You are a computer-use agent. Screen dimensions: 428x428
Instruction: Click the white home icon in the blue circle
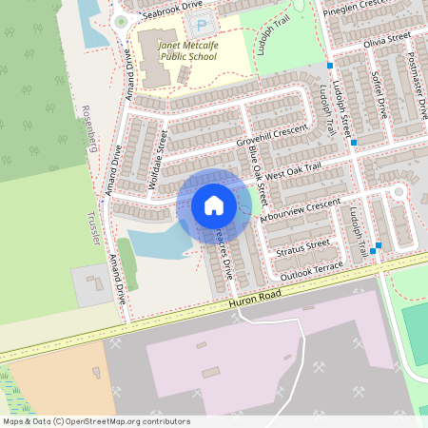[x=214, y=204]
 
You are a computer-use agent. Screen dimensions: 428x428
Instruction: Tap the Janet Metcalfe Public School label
[x=177, y=49]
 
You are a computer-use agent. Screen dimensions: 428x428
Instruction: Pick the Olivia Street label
[x=385, y=40]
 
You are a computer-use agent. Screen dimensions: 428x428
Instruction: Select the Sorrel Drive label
[x=379, y=92]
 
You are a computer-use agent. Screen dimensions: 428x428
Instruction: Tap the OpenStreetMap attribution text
[x=96, y=421]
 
